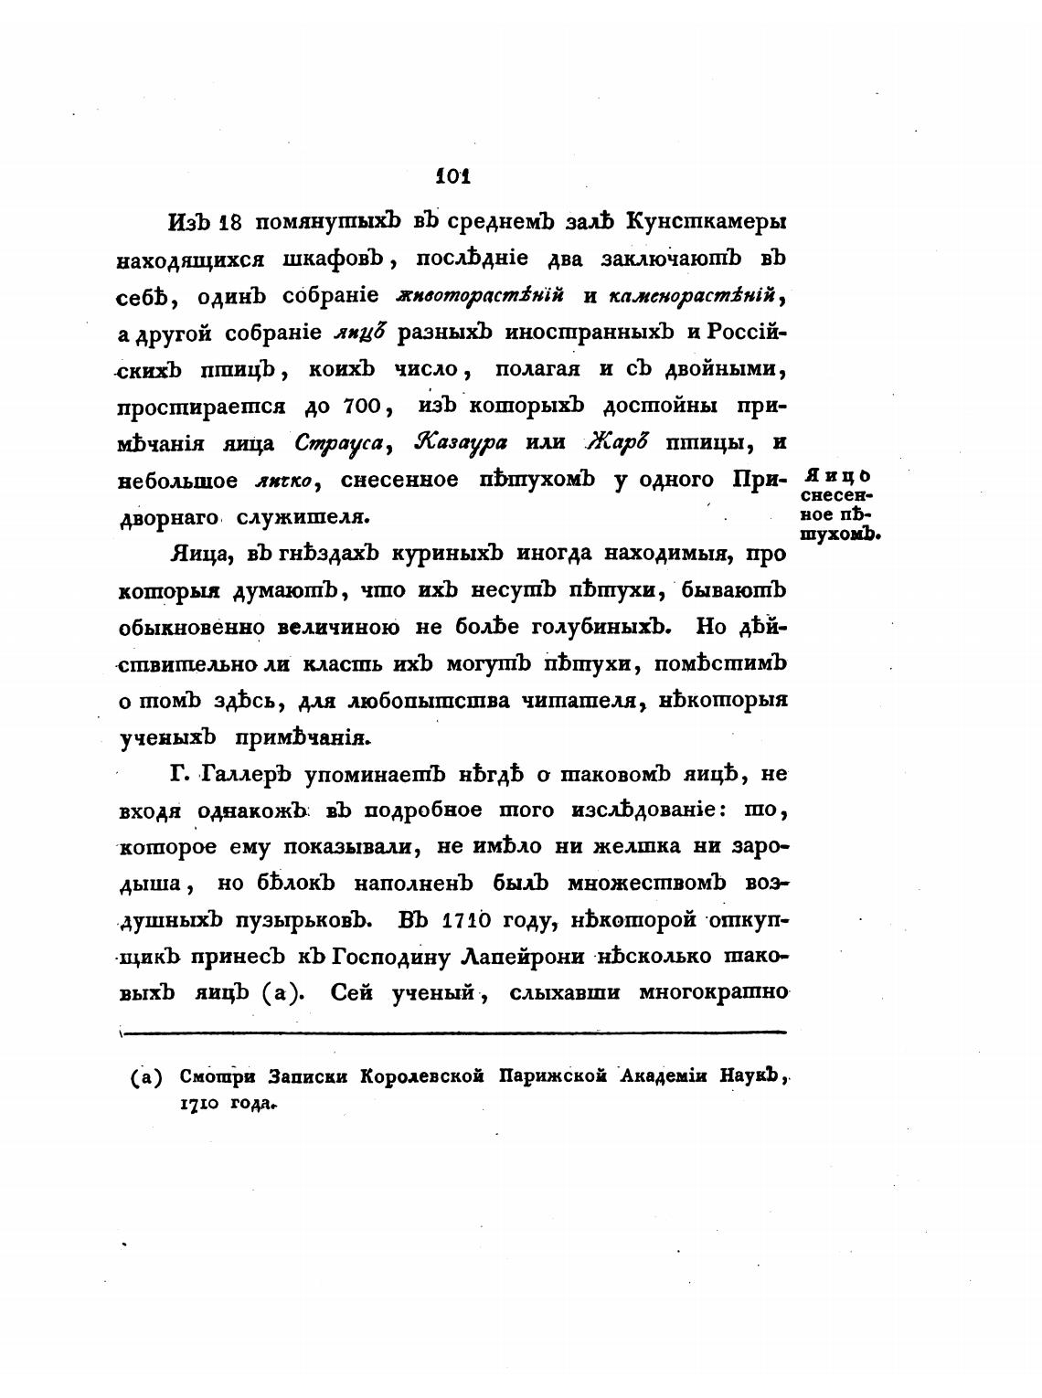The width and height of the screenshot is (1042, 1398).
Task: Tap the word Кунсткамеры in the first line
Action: (708, 222)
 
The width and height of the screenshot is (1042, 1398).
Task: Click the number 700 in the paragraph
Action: (367, 405)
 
